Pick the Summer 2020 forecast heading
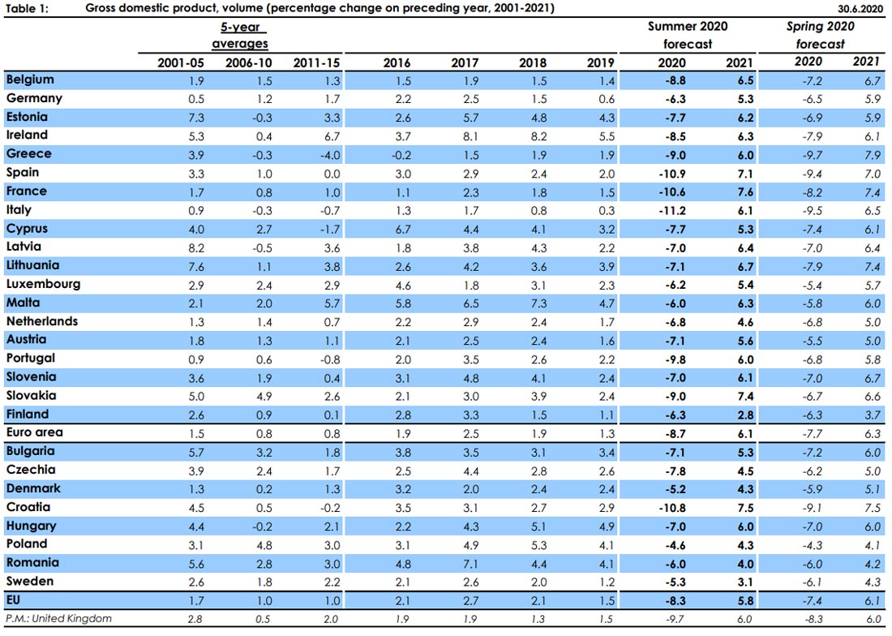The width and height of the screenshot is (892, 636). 688,35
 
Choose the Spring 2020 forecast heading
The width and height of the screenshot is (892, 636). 821,35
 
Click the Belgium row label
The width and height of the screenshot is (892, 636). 30,79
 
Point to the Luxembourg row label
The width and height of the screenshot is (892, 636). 43,284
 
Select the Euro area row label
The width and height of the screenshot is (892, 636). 34,432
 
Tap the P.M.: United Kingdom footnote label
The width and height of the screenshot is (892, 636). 59,619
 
